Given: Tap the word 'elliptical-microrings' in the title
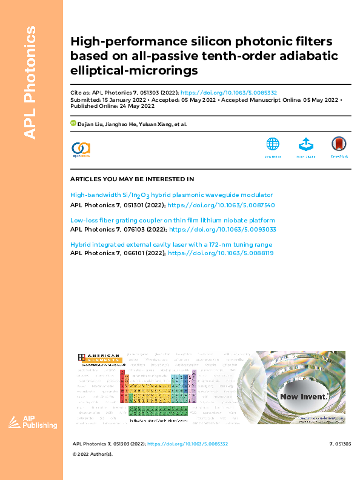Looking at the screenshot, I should point(135,71).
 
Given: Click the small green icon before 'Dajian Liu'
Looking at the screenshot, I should point(73,123).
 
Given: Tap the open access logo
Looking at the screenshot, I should point(81,149).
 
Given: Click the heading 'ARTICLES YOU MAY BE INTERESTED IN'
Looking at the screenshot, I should point(132,179).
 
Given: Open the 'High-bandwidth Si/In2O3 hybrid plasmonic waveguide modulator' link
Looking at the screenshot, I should point(172,195).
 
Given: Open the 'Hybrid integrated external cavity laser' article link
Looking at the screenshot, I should point(171,245).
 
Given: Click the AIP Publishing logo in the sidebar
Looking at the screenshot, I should point(32,423).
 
